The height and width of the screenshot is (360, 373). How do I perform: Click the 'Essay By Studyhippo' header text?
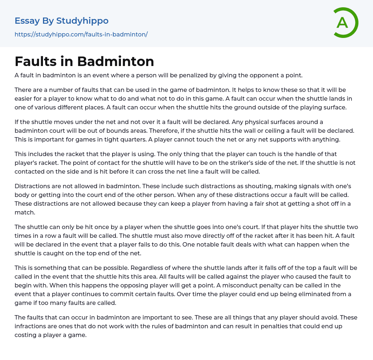point(62,21)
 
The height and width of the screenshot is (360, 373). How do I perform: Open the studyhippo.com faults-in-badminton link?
point(81,34)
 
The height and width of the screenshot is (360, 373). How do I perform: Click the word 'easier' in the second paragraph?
point(25,98)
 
